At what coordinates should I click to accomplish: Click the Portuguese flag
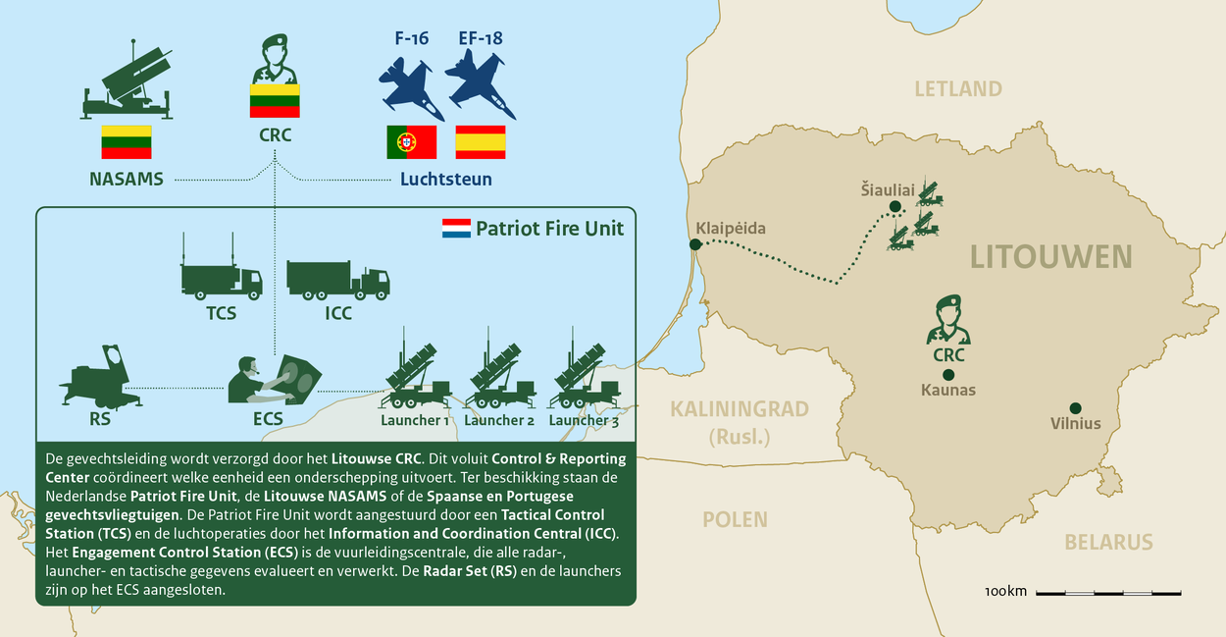click(411, 142)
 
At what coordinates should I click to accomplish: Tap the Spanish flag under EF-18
click(481, 142)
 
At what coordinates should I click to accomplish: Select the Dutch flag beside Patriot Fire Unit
click(456, 229)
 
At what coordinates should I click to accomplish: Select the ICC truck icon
click(337, 279)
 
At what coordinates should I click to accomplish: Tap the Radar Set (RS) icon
click(99, 378)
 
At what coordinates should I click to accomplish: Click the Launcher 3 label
click(584, 420)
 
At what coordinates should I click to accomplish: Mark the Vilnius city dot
click(1076, 408)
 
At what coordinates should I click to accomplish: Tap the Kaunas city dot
click(948, 374)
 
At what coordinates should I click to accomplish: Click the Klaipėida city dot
click(695, 244)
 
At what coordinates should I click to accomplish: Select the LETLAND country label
click(958, 89)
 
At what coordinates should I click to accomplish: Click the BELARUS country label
click(1108, 542)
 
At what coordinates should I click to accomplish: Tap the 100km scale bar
click(1108, 592)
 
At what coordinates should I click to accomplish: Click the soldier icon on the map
click(948, 320)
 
